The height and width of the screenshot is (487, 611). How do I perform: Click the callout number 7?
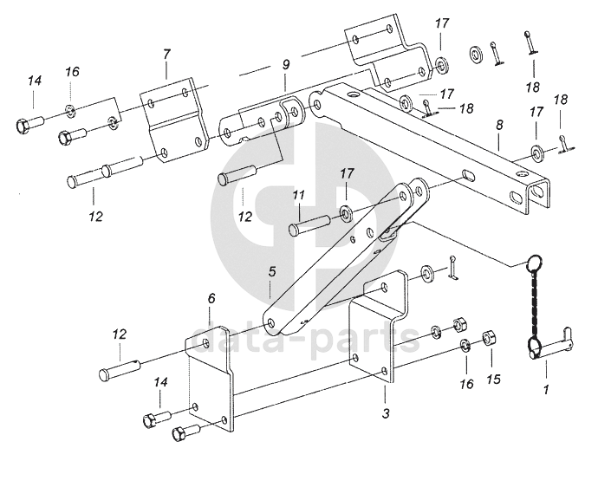[166, 55]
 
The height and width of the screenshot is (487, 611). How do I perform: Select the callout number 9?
[286, 64]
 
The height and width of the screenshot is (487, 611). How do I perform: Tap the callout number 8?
[499, 125]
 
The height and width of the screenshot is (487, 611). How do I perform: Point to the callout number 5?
[271, 271]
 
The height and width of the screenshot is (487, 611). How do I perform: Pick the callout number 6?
[211, 299]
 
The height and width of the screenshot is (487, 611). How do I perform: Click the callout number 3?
[386, 413]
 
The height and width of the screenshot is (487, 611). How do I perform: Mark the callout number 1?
[546, 389]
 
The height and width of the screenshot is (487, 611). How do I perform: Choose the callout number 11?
[298, 195]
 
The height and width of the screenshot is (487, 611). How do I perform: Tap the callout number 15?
[493, 379]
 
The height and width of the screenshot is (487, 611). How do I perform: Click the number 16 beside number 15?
[466, 384]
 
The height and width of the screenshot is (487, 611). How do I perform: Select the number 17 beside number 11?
[347, 173]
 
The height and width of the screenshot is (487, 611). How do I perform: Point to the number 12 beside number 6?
[120, 334]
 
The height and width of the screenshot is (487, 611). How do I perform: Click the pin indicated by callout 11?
[309, 226]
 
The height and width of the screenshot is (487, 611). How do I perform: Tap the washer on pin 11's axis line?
[346, 213]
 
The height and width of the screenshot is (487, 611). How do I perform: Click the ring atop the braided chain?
[534, 261]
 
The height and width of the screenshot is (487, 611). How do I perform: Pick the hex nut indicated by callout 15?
[489, 337]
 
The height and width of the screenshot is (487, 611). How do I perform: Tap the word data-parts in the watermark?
[305, 341]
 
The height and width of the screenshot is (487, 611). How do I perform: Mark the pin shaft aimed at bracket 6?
[120, 369]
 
